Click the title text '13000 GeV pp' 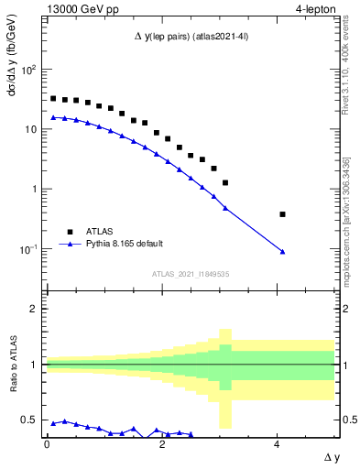click(x=76, y=8)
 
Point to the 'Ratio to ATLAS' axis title click(x=14, y=364)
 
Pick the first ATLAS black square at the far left click(x=53, y=98)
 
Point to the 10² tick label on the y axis click(x=28, y=70)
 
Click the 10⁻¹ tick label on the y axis click(x=28, y=249)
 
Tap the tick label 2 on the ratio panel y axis click(x=35, y=309)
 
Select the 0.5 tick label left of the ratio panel click(x=31, y=420)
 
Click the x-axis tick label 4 click(x=277, y=443)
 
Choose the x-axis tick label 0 click(x=47, y=443)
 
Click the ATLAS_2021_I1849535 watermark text click(x=191, y=273)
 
